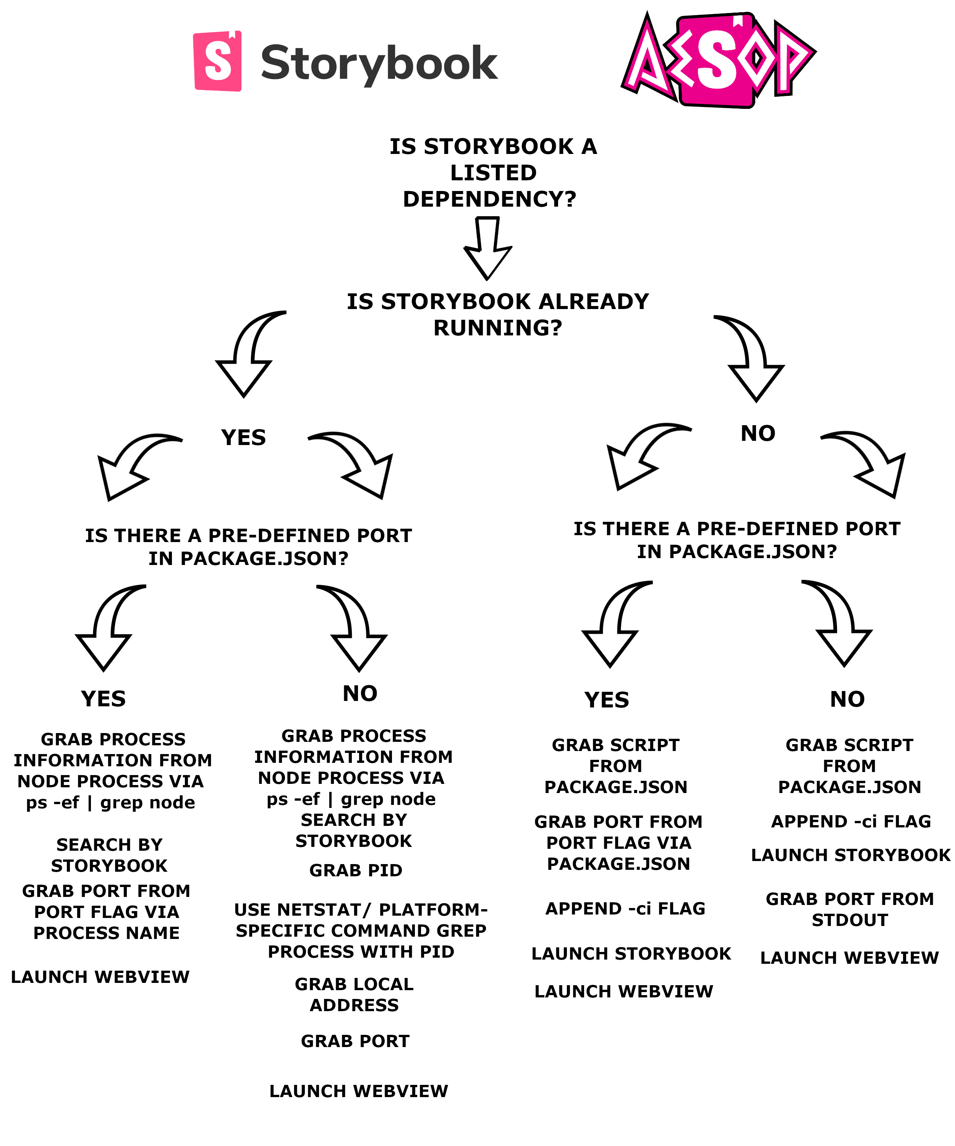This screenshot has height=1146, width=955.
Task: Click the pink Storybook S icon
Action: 217,61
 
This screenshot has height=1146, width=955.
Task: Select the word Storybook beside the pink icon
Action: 379,63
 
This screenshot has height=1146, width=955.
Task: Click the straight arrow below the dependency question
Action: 487,249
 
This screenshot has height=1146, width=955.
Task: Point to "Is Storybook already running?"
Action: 498,314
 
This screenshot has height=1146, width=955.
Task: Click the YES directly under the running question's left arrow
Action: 243,438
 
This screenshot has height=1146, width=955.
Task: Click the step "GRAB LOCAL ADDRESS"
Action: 354,994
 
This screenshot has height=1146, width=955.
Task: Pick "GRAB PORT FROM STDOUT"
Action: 849,909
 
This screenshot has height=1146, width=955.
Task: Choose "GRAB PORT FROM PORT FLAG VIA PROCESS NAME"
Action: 107,912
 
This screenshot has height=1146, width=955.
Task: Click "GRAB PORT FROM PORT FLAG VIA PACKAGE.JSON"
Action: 618,843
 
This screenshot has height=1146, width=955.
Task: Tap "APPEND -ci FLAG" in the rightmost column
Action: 850,821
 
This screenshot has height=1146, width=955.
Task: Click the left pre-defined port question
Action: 248,547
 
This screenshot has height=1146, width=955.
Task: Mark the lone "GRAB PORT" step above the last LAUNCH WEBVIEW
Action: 355,1041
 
